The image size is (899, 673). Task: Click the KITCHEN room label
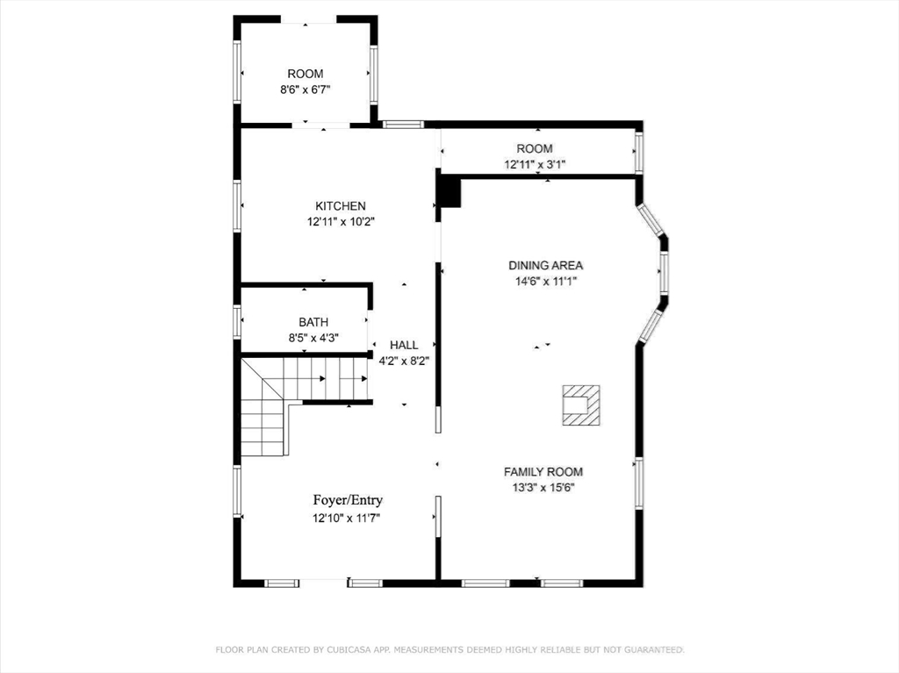pos(340,206)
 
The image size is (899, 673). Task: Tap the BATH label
pos(313,322)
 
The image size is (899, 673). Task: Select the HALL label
pos(404,345)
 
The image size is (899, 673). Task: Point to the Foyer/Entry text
pos(348,500)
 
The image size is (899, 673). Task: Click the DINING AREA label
pos(545,265)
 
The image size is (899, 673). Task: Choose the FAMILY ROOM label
pos(543,472)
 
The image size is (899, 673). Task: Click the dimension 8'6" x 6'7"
pos(305,89)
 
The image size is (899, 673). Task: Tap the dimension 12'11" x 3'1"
pos(535,165)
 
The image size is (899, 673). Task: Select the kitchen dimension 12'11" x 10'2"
pos(340,222)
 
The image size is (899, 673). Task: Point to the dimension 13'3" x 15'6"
pos(543,488)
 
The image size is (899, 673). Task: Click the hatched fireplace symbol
pos(581,405)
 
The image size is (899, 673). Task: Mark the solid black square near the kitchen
pos(449,193)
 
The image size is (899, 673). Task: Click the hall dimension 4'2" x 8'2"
pos(404,362)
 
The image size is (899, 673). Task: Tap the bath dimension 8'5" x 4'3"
pos(313,338)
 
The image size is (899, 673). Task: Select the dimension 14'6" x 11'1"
pos(545,282)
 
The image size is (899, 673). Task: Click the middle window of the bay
pos(664,272)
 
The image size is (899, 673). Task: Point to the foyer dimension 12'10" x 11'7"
pos(346,519)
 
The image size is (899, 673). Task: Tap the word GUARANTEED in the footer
pos(654,650)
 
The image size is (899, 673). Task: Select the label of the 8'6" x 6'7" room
pos(305,74)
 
